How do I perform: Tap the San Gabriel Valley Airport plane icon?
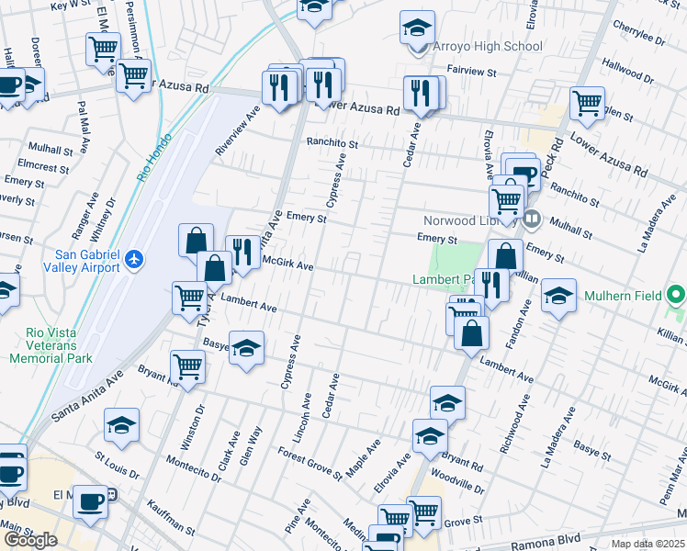pos(135,259)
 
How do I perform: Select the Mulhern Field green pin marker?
pos(676,296)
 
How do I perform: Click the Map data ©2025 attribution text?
pos(648,544)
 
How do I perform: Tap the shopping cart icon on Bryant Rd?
pos(188,366)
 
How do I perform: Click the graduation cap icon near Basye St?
pos(247,347)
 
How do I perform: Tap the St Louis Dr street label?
pos(117,465)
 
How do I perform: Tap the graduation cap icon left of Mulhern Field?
pos(558,295)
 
